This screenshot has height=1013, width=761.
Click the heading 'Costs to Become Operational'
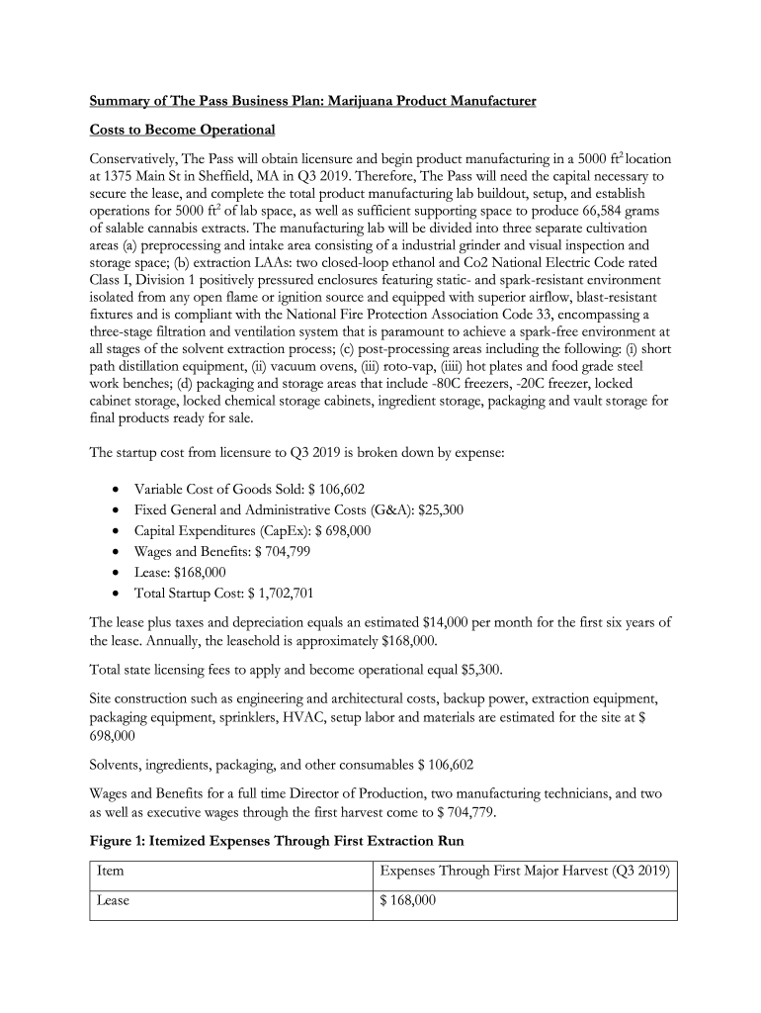click(182, 130)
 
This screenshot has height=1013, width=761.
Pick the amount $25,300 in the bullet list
click(441, 509)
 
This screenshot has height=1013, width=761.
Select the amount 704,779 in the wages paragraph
click(462, 812)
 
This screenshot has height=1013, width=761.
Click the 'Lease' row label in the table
click(114, 901)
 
